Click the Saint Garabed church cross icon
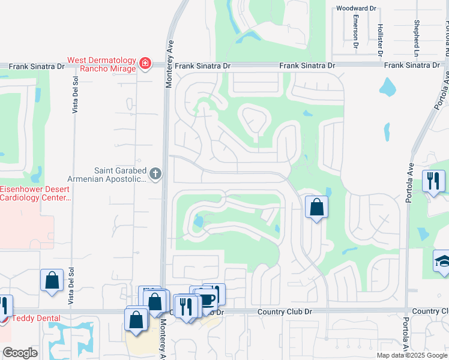click(155, 175)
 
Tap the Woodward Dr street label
click(356, 8)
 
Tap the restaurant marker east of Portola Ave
click(433, 180)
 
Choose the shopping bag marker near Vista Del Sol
click(52, 280)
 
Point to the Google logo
click(20, 353)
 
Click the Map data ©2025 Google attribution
click(412, 355)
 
